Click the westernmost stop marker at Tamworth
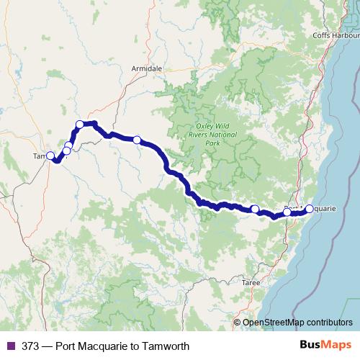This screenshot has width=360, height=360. [50, 156]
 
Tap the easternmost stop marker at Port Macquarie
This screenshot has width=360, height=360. [310, 209]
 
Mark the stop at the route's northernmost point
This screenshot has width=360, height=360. [80, 125]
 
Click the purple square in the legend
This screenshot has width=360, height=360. [9, 346]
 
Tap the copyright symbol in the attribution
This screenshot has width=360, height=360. [238, 323]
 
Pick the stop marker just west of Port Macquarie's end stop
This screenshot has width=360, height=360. [287, 212]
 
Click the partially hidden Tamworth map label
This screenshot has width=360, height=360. [39, 156]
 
